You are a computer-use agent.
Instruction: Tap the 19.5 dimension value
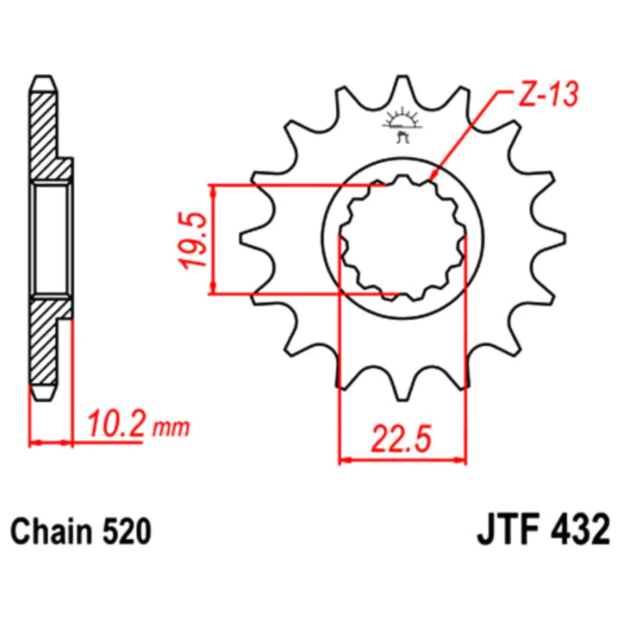(194, 240)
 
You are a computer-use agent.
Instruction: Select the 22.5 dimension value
(401, 439)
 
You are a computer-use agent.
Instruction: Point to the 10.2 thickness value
(115, 424)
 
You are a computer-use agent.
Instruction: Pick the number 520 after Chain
(127, 531)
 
